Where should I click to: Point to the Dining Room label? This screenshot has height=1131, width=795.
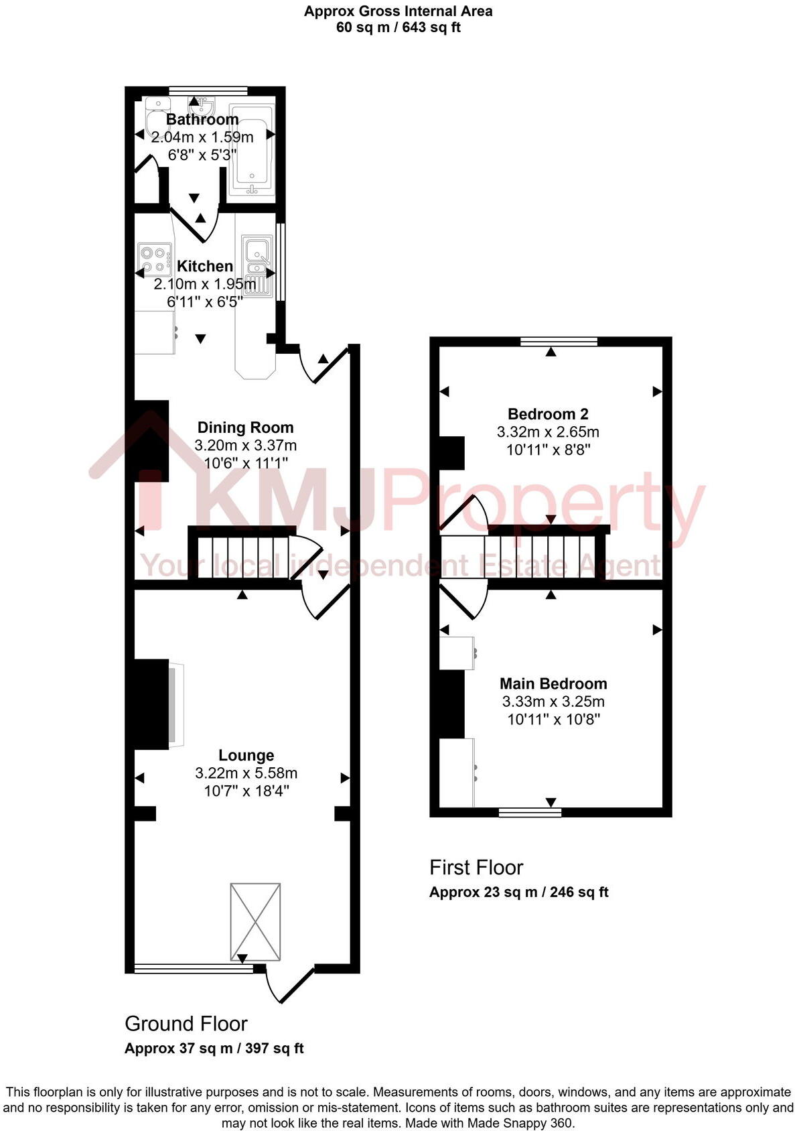click(245, 427)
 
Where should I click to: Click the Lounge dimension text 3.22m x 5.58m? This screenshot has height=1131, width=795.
click(246, 773)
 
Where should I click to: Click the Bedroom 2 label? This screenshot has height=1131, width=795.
click(548, 414)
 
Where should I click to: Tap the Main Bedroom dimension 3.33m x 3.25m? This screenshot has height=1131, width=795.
click(553, 702)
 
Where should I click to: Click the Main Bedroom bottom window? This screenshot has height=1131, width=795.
click(530, 812)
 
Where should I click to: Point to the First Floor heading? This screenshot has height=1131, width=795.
click(476, 868)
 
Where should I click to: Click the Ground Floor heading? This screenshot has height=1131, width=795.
click(186, 1024)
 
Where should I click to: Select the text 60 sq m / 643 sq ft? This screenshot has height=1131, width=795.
click(398, 27)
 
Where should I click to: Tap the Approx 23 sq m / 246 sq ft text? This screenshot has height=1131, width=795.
click(518, 892)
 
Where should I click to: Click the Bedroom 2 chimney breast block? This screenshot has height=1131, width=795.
click(451, 452)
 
